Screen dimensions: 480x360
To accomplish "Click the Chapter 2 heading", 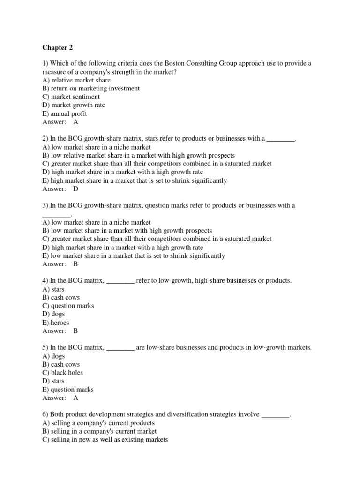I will point(58,47).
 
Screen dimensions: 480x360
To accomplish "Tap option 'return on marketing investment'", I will point(91,89).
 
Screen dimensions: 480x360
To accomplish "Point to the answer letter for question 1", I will point(76,122).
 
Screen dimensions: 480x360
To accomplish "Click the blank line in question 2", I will point(281,139).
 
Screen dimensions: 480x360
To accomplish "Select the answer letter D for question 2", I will point(76,189).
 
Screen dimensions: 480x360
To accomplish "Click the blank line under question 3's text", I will point(56,214).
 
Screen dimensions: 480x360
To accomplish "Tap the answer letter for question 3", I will point(76,264).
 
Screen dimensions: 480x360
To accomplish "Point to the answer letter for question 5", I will point(76,398).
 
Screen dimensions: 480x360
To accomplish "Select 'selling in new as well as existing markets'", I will point(105,440).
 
